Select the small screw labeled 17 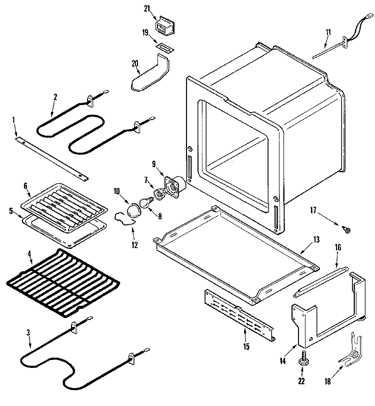[344, 230]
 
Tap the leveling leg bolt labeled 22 [303, 358]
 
